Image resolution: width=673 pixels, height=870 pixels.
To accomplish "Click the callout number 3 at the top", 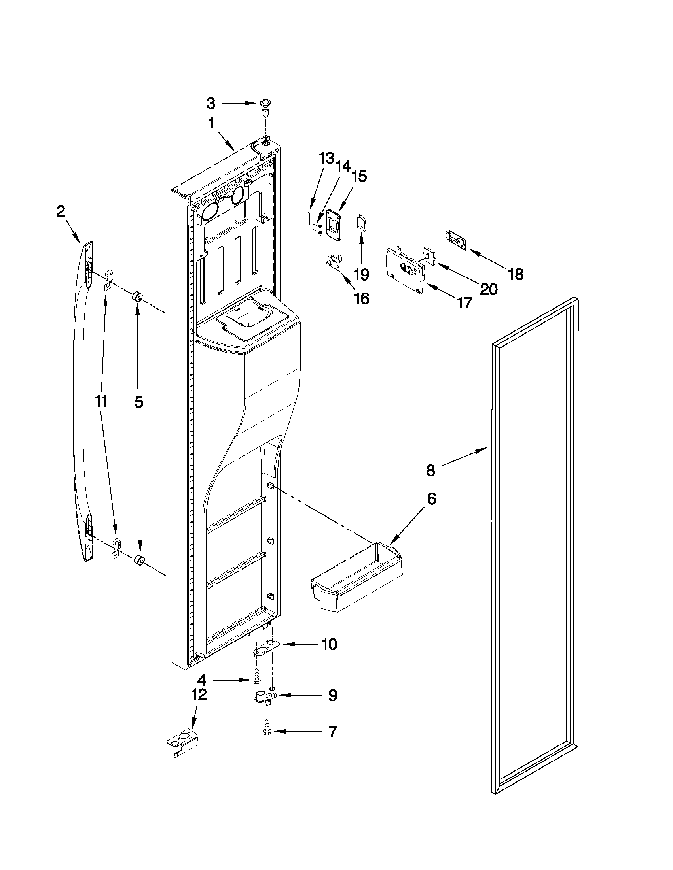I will click(x=211, y=104).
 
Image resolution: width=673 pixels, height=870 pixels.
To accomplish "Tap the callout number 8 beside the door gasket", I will click(x=430, y=470).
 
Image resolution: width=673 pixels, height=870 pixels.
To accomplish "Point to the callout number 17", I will click(x=464, y=302).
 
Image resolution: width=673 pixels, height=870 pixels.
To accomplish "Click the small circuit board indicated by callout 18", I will click(x=455, y=238).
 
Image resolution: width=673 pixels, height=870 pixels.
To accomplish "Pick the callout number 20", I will click(x=488, y=289).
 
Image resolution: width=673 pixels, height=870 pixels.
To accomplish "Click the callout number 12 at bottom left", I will click(x=199, y=694).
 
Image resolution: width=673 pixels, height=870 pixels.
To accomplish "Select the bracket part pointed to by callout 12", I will click(x=182, y=745).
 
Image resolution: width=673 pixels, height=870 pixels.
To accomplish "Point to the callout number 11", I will click(x=101, y=402).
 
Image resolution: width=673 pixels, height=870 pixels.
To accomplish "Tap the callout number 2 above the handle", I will click(x=60, y=211).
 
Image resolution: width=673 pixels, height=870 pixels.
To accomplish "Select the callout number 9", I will click(x=332, y=695).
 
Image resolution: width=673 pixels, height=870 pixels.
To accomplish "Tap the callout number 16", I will click(x=362, y=298).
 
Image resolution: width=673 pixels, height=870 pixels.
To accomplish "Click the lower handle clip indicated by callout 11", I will click(x=116, y=547).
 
